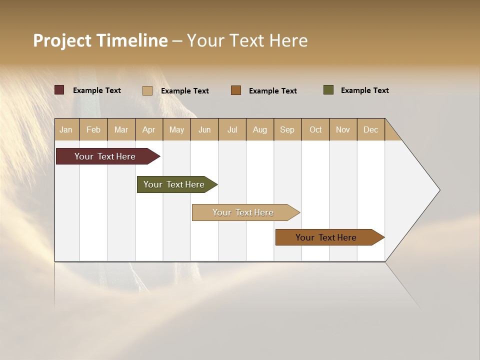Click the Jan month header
[66, 129]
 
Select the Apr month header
[149, 129]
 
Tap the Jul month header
[232, 129]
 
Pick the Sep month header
[287, 129]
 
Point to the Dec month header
[370, 129]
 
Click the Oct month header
[315, 129]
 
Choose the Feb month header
[93, 129]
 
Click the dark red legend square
[59, 90]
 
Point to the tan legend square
[147, 90]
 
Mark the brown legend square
[236, 90]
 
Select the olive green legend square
[328, 90]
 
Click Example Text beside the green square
[364, 90]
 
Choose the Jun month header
[204, 129]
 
